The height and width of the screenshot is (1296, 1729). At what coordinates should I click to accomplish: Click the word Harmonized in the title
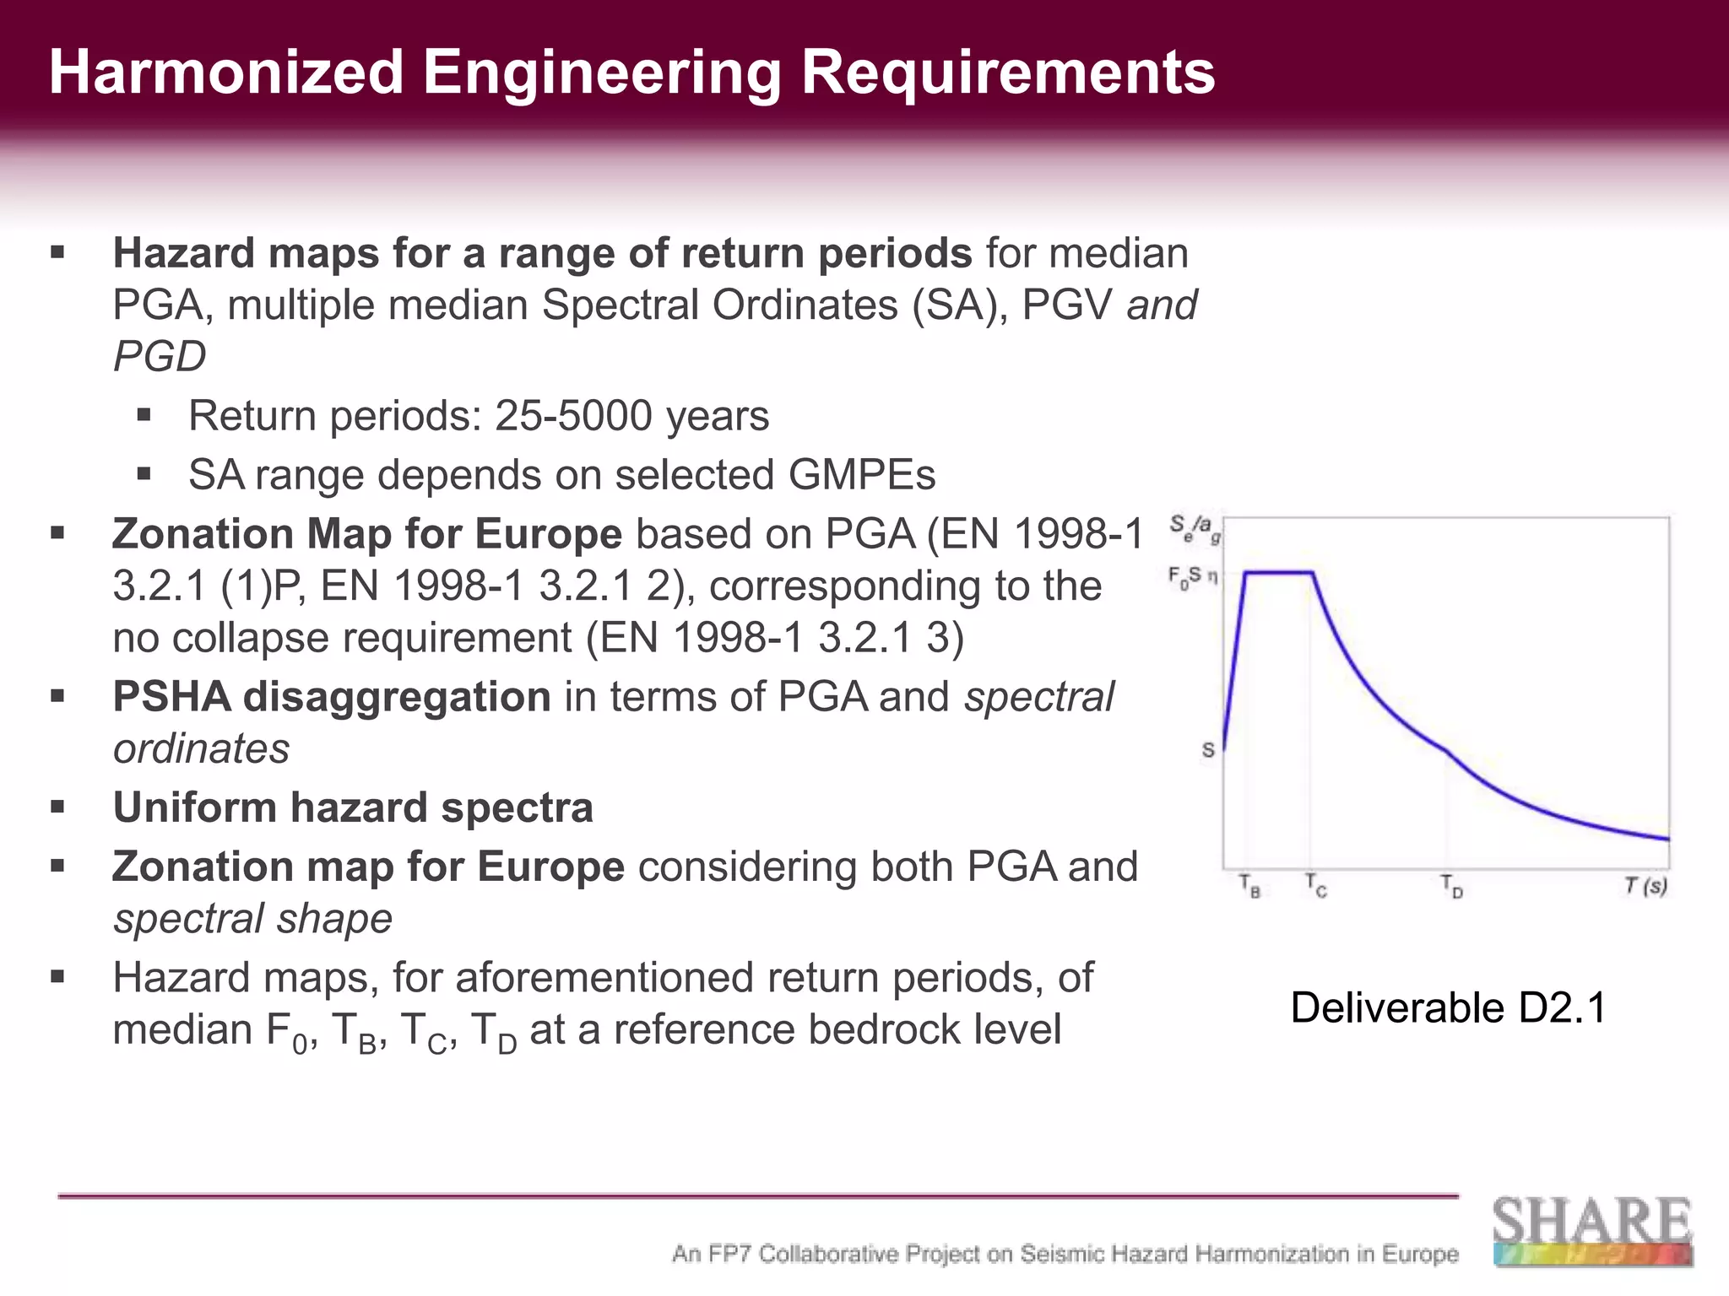(x=226, y=73)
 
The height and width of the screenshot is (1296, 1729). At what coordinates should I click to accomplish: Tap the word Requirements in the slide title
(x=1008, y=73)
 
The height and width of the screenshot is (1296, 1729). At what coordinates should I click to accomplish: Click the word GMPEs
(x=862, y=475)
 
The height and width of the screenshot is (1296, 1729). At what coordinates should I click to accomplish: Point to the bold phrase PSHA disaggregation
(x=332, y=697)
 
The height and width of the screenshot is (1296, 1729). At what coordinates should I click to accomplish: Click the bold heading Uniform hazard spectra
(x=353, y=807)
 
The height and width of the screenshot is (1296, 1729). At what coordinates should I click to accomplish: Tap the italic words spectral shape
(x=252, y=919)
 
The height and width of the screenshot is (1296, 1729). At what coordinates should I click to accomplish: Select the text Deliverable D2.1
(x=1448, y=1008)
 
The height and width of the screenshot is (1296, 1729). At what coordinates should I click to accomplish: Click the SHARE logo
(x=1592, y=1230)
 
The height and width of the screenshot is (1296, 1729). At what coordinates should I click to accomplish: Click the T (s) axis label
(x=1645, y=886)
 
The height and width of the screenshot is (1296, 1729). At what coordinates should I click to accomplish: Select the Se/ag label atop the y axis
(x=1195, y=530)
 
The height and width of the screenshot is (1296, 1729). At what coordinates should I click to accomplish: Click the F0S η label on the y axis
(x=1192, y=578)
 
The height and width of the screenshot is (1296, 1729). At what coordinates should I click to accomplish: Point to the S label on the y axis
(x=1208, y=750)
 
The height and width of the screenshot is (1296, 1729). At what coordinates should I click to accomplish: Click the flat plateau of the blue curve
(x=1278, y=573)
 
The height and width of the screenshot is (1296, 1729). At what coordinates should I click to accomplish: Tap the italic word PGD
(x=160, y=356)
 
